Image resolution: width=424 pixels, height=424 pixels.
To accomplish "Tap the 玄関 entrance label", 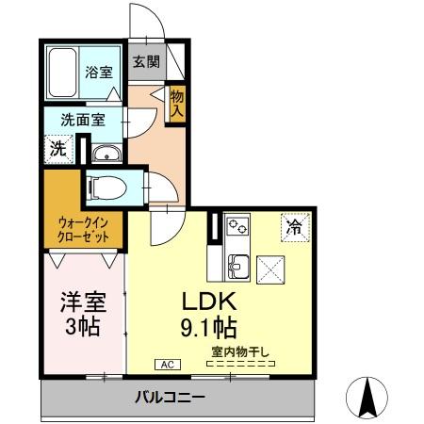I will click(x=145, y=62).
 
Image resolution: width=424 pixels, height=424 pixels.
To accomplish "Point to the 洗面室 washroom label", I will click(x=83, y=120).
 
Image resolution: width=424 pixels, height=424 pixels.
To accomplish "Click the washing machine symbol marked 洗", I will click(x=57, y=148).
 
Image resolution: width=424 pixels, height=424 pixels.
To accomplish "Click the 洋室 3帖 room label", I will click(x=81, y=314).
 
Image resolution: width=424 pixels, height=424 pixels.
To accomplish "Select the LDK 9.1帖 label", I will click(x=214, y=315).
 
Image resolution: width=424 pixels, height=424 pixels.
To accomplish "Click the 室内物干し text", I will click(x=241, y=353).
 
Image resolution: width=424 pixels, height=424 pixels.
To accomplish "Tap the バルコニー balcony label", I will click(x=169, y=397).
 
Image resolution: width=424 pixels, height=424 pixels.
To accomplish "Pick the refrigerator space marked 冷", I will click(x=294, y=226).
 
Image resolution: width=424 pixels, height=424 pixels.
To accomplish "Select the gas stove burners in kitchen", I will click(x=236, y=227).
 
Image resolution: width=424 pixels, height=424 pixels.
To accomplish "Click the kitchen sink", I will click(x=236, y=267).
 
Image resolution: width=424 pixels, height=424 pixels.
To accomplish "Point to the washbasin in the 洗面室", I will click(x=103, y=154).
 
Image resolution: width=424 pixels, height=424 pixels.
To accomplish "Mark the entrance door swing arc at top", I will click(x=149, y=24).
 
